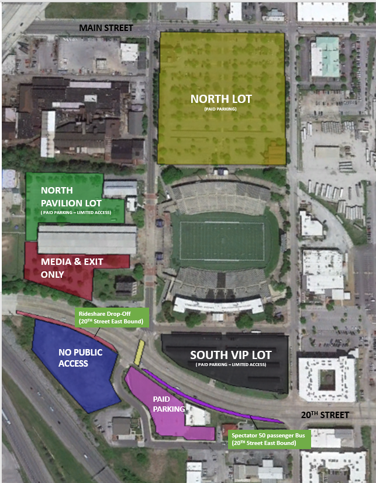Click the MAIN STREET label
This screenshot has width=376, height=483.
106,27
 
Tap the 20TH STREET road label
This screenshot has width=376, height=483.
325,415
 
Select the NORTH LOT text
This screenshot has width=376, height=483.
222,99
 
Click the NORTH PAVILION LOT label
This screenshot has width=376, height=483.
65,196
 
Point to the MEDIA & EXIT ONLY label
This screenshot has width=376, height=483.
63,268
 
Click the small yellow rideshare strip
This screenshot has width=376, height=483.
139,353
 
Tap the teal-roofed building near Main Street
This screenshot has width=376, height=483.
326,57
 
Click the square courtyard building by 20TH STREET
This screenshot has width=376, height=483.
326,379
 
